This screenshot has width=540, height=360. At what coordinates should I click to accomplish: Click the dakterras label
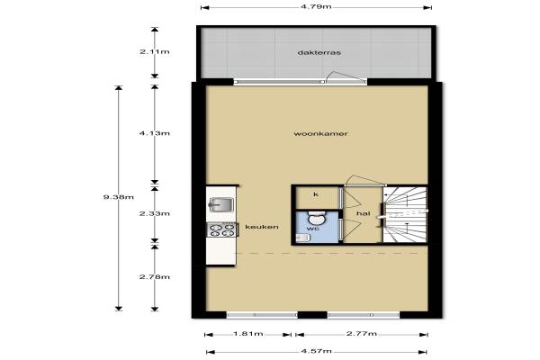pyautogui.click(x=319, y=53)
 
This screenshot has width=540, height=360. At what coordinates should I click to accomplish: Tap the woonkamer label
pyautogui.click(x=320, y=134)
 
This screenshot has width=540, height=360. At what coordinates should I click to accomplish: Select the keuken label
pyautogui.click(x=262, y=227)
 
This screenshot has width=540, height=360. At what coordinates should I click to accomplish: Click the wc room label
pyautogui.click(x=312, y=229)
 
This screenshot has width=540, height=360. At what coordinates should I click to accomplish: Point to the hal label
pyautogui.click(x=364, y=213)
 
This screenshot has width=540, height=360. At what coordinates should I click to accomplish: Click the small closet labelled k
pyautogui.click(x=317, y=197)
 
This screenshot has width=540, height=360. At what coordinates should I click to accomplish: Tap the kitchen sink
pyautogui.click(x=220, y=204)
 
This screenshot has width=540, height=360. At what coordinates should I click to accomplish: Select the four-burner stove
pyautogui.click(x=222, y=229)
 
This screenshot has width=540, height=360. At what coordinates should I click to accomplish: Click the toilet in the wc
pyautogui.click(x=317, y=218)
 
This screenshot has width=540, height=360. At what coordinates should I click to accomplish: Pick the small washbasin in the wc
pyautogui.click(x=303, y=237)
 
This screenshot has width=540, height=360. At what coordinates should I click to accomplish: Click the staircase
pyautogui.click(x=405, y=214)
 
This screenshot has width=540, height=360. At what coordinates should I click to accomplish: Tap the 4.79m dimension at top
pyautogui.click(x=316, y=7)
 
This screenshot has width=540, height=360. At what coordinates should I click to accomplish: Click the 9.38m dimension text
pyautogui.click(x=119, y=197)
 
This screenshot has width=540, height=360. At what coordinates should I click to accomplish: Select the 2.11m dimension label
pyautogui.click(x=155, y=52)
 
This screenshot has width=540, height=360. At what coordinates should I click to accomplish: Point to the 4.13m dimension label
pyautogui.click(x=155, y=133)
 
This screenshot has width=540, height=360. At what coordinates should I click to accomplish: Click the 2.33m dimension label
pyautogui.click(x=155, y=213)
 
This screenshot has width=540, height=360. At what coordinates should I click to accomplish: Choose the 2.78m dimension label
pyautogui.click(x=155, y=277)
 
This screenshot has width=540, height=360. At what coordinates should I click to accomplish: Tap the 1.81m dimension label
pyautogui.click(x=248, y=334)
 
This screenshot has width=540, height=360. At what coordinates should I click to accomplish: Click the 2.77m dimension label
pyautogui.click(x=362, y=334)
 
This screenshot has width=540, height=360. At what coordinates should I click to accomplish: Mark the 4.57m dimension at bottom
pyautogui.click(x=317, y=351)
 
